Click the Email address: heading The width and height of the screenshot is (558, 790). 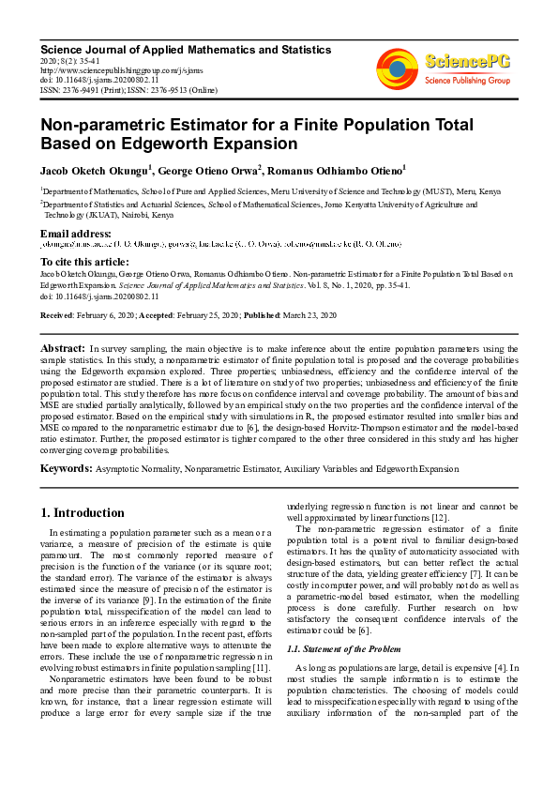click(x=76, y=233)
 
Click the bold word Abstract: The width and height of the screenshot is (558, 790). click(x=64, y=348)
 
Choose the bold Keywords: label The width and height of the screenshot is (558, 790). click(x=67, y=468)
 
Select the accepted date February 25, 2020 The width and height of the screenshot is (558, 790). click(x=206, y=314)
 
